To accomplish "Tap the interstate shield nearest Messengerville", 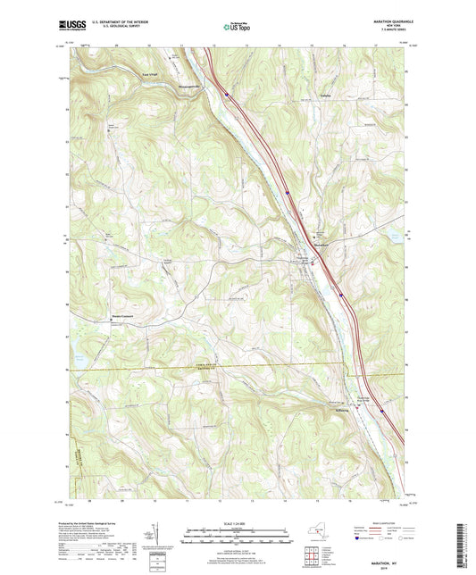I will (228, 91).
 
